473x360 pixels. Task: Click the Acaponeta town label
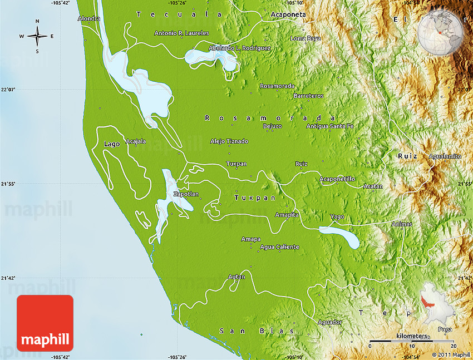tap(288, 14)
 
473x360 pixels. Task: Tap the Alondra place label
tap(89, 18)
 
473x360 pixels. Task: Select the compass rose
tap(37, 36)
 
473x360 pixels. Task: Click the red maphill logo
tap(45, 323)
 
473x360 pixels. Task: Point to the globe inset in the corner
tap(441, 27)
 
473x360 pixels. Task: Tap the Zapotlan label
tap(186, 194)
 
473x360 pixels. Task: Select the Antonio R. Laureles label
tap(181, 33)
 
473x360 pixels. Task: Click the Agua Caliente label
tap(279, 246)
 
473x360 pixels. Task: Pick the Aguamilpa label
tap(445, 156)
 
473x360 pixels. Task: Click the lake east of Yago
tap(341, 236)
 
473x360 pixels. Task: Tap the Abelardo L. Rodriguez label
tap(240, 48)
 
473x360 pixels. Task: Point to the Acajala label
tap(136, 141)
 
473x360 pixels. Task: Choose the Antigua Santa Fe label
tap(330, 126)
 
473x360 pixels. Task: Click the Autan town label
tap(237, 277)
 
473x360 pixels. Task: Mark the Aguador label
tap(329, 322)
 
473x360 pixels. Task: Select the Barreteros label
tap(308, 96)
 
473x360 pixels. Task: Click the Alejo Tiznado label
tap(229, 141)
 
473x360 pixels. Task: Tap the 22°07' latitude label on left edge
tap(8, 89)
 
